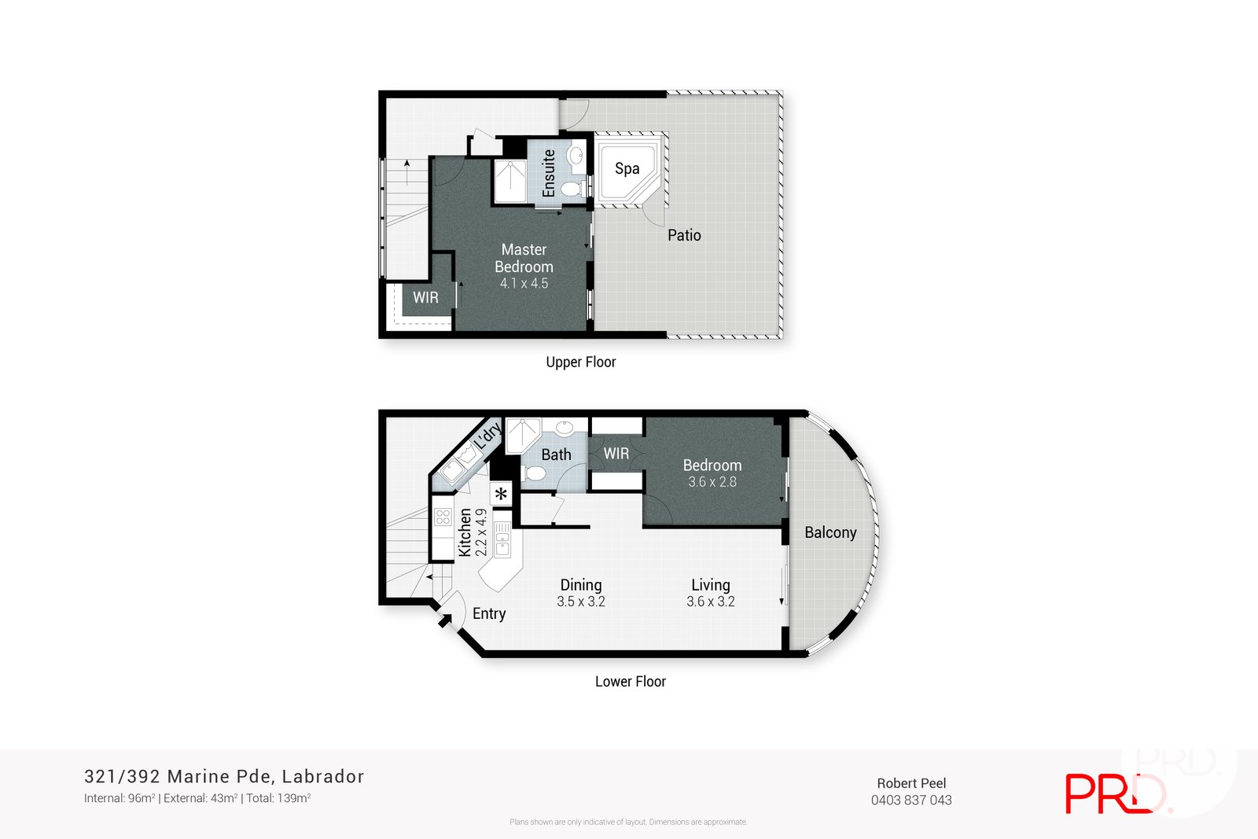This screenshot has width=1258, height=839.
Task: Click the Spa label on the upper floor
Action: click(x=627, y=168)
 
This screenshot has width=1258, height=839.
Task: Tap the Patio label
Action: click(x=684, y=235)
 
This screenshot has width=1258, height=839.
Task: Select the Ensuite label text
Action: click(x=549, y=173)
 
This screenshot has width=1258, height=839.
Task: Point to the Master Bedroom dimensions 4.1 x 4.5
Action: click(x=524, y=284)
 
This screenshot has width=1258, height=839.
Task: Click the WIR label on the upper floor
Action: click(x=425, y=297)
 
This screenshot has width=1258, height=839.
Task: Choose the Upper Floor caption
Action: click(x=581, y=362)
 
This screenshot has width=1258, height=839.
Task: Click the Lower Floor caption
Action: click(x=630, y=682)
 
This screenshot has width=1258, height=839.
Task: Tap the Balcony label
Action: click(x=830, y=532)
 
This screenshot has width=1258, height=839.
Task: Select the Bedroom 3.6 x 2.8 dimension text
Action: click(x=712, y=482)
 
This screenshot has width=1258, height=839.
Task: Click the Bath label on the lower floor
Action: click(x=556, y=454)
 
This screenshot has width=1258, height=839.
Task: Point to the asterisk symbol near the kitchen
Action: click(x=501, y=495)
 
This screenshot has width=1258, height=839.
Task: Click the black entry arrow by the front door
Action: click(x=444, y=620)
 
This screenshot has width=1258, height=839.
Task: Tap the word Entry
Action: click(x=489, y=613)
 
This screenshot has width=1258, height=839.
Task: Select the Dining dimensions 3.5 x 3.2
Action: click(x=581, y=602)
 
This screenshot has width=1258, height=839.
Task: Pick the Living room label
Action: click(x=711, y=585)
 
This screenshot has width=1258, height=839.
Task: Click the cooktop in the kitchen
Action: click(x=443, y=517)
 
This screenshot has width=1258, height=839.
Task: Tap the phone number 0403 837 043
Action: click(x=911, y=800)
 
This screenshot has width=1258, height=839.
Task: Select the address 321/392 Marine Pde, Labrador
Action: click(x=224, y=776)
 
